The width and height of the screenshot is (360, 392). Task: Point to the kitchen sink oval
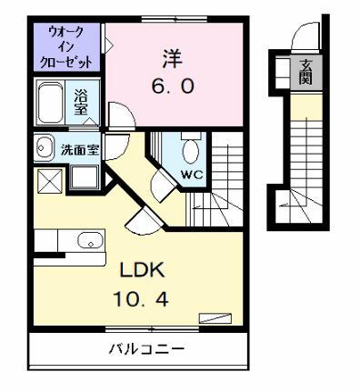click(x=89, y=240)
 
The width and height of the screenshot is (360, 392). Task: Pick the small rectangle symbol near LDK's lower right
click(x=215, y=317)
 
